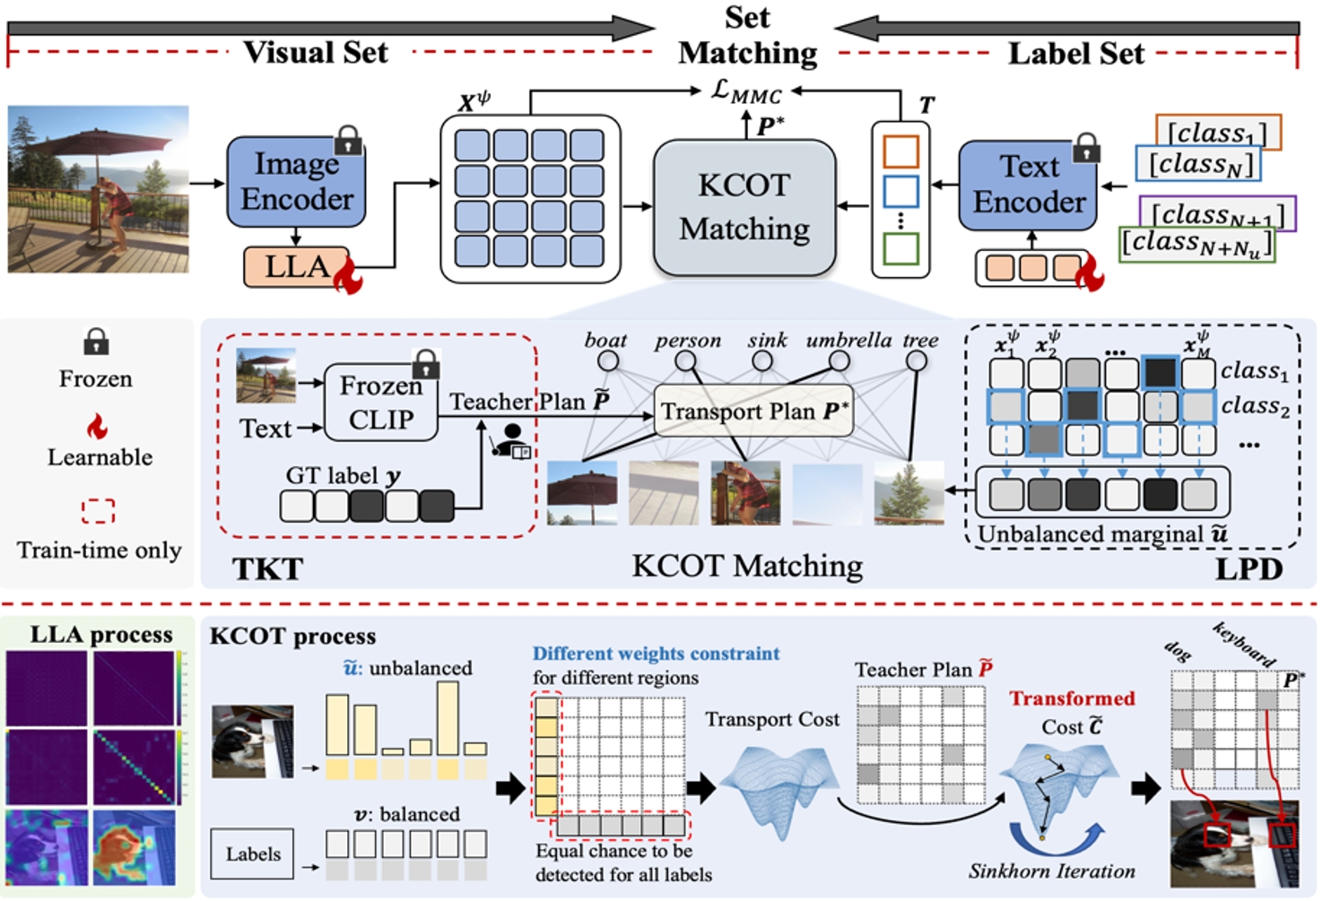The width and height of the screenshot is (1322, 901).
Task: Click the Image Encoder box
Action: coord(296,182)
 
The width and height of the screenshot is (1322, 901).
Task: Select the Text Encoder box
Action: coord(1029,185)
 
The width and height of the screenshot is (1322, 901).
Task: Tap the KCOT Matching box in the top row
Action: coord(744,208)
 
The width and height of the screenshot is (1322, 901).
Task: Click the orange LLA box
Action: coord(296,266)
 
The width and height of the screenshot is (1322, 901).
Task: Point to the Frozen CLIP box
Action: coord(380,403)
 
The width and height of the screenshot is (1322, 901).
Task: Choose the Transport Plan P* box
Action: coord(753,411)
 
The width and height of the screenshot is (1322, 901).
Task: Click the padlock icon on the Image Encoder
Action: coord(348,141)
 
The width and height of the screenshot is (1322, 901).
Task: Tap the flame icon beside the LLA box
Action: coord(348,277)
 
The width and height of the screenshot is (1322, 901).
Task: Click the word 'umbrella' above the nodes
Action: coord(848,340)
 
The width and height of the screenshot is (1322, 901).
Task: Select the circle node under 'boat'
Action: coord(608,360)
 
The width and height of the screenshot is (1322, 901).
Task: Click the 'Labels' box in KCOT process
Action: coord(253,853)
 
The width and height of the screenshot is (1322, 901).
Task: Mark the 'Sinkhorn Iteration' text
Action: coord(1051,871)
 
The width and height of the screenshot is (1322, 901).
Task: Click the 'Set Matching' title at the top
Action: coord(747,36)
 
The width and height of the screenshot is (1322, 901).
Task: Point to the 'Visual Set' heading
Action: coord(316,52)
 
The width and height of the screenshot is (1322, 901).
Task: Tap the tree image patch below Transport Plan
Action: coord(909,492)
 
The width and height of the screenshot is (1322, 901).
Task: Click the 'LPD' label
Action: coord(1248,568)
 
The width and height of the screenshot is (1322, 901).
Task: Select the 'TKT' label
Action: coord(267,568)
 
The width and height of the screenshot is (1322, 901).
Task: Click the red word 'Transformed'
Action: coord(1072,698)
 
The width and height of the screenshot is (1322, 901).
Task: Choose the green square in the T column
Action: coord(900,248)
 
